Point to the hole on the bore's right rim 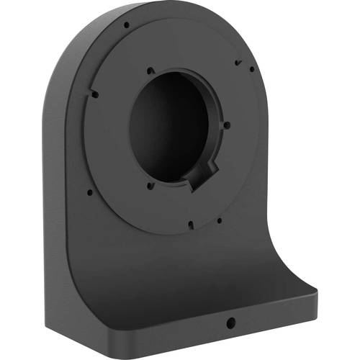point(227,125)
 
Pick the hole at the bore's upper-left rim point(150,71)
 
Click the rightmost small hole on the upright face point(251,70)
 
